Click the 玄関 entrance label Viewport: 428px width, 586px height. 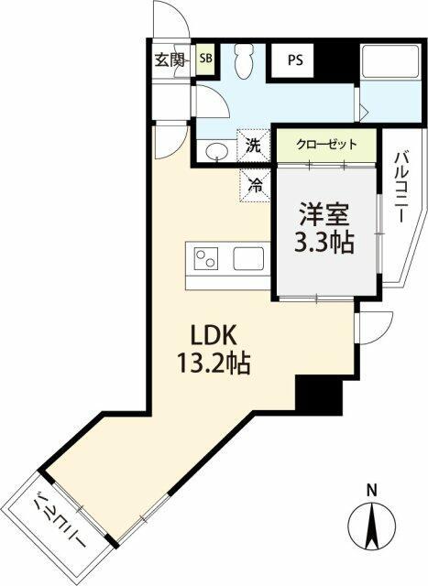(169, 60)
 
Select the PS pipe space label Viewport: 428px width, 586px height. (295, 61)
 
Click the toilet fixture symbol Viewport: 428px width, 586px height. (244, 64)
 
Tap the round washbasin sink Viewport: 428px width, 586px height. (217, 150)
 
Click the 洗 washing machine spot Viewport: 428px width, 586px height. (255, 144)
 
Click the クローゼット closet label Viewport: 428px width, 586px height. (325, 145)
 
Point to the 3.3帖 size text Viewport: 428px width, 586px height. (324, 244)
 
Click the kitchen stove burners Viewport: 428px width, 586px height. (207, 259)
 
